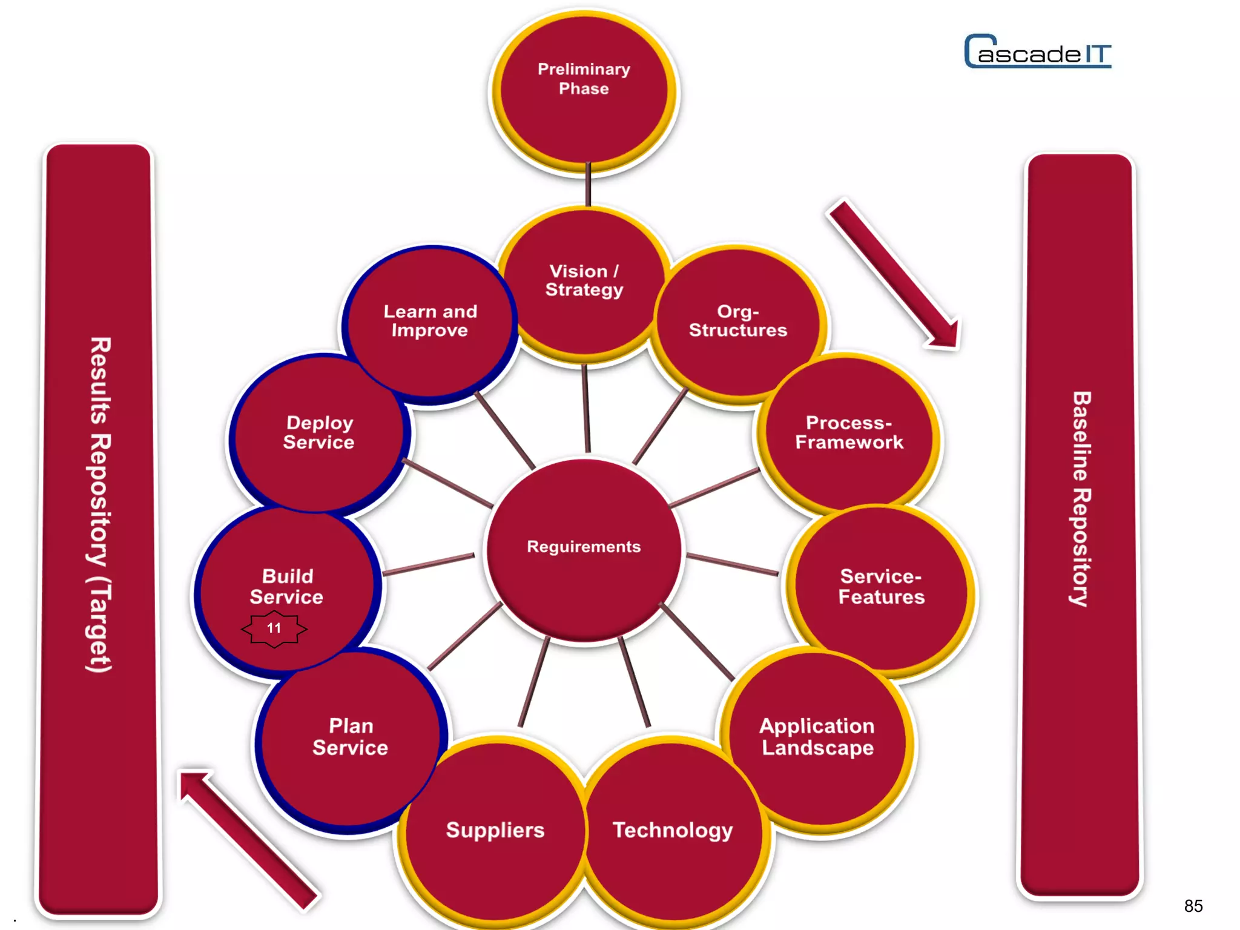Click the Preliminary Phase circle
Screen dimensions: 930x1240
(584, 91)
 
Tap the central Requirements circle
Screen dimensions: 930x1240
(584, 548)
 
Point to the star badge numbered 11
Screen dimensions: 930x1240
(274, 629)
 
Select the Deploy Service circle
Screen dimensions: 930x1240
(318, 433)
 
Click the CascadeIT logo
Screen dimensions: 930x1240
(1038, 52)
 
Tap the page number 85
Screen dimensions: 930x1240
(1193, 906)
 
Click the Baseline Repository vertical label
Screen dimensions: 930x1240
(1081, 499)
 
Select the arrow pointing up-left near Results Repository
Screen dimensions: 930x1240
(248, 839)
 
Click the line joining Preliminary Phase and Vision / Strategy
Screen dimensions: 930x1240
(588, 185)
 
